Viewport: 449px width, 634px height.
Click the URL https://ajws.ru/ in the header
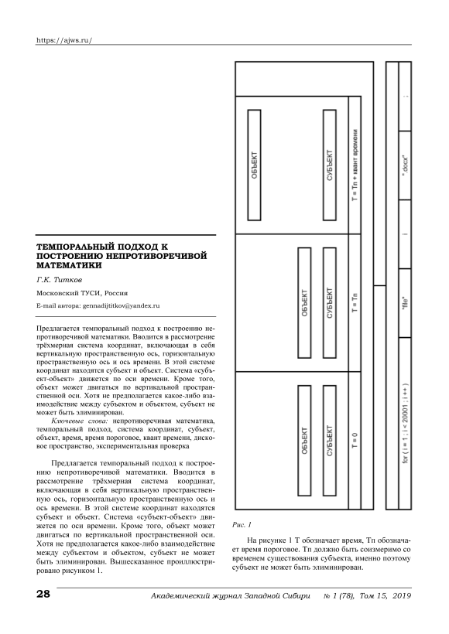tap(64, 40)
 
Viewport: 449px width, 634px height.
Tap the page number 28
tap(43, 594)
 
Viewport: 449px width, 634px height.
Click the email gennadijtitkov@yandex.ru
tap(121, 305)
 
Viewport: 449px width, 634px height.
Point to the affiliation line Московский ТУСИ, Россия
tap(82, 293)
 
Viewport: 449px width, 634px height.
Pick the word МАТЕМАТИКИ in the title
tap(69, 266)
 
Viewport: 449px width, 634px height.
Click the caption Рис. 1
tap(242, 525)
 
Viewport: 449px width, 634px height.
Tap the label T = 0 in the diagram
tap(355, 441)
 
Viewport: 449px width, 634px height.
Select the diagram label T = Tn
tap(355, 302)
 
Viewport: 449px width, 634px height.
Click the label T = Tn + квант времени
tap(355, 165)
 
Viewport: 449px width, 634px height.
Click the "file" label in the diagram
tap(406, 303)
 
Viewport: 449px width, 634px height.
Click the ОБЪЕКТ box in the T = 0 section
tap(304, 441)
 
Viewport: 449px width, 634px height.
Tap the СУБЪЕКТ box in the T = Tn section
tap(330, 303)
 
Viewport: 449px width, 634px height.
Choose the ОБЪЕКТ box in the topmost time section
tap(254, 165)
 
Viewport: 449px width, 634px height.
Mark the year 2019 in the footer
tap(402, 595)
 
